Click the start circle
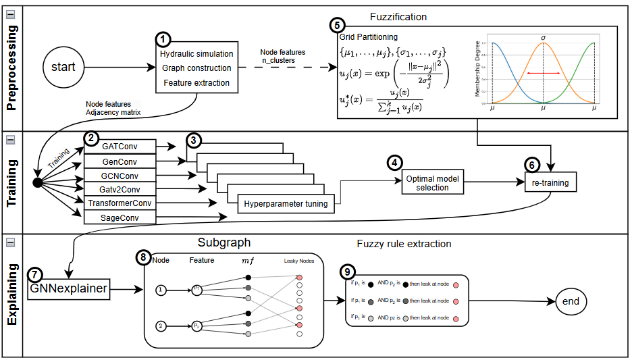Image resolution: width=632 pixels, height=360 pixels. [x=63, y=68]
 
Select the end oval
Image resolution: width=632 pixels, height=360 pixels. [x=571, y=301]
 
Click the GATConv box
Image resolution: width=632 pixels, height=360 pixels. [x=120, y=145]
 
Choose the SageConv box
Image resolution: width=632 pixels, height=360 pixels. [x=120, y=217]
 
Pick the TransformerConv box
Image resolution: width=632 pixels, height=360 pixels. [x=120, y=203]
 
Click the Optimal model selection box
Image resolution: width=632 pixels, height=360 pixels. [x=433, y=183]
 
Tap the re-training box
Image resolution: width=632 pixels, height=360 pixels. [x=550, y=182]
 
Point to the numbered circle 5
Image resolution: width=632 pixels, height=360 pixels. [x=337, y=26]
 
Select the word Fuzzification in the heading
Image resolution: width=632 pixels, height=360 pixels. [x=398, y=16]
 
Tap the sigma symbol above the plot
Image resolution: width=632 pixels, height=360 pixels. [x=542, y=37]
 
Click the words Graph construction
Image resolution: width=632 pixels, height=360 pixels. [x=196, y=68]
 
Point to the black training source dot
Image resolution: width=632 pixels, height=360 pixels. [x=38, y=183]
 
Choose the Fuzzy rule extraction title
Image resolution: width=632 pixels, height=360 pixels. [x=404, y=244]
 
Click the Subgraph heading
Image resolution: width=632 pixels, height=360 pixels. [x=223, y=242]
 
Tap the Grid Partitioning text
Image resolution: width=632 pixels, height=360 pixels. [x=368, y=37]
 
